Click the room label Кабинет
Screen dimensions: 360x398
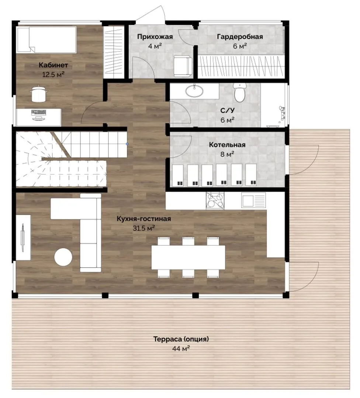(53, 65)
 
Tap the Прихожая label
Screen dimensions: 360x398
(155, 37)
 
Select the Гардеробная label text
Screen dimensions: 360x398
(240, 37)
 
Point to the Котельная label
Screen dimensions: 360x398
(227, 145)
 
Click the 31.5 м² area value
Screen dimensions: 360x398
(144, 228)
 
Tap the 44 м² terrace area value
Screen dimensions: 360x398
(181, 349)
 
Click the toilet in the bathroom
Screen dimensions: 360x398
(239, 92)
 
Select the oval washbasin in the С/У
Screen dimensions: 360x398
(194, 91)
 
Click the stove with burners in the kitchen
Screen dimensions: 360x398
(215, 200)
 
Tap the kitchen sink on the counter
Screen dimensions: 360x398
(253, 200)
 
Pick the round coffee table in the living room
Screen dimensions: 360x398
(63, 257)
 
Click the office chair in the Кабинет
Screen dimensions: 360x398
(39, 94)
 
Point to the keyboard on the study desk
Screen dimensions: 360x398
(39, 112)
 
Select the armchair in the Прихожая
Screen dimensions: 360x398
(183, 66)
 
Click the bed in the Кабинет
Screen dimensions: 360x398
(46, 40)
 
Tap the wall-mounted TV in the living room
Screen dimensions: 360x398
(22, 238)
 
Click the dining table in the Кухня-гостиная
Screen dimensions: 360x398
(188, 257)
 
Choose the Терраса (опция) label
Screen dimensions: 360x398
(181, 339)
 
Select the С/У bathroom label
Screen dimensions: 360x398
(227, 111)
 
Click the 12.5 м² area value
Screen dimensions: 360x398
(53, 74)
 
